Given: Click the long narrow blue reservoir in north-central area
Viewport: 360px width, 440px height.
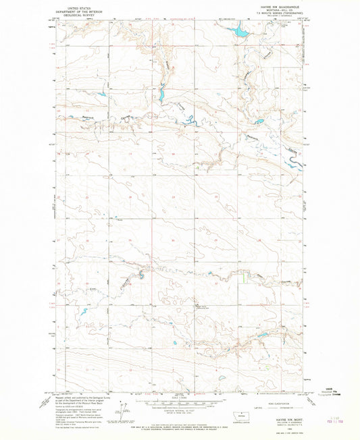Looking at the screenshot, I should click(x=161, y=94).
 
